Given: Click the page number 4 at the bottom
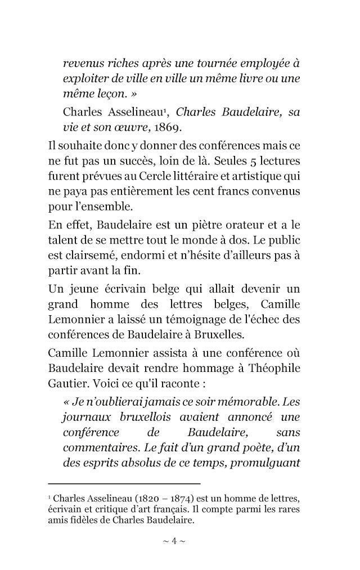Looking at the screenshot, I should tap(174, 541).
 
